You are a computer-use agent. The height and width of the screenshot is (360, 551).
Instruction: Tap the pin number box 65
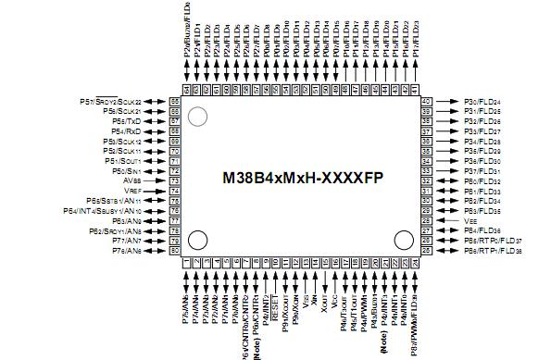pos(174,101)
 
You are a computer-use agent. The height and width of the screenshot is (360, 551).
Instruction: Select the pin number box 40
pos(427,101)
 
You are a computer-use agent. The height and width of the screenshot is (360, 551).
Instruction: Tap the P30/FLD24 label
pos(482,101)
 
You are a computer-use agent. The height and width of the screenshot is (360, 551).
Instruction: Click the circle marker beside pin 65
pos(197,117)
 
